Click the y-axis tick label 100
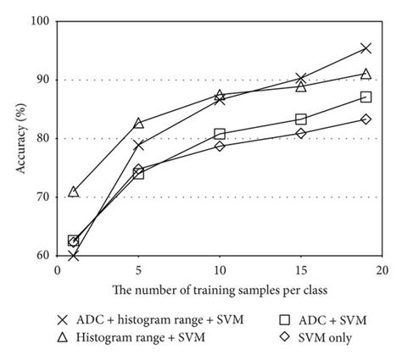(38, 21)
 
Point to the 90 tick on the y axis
(41, 80)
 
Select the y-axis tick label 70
(41, 197)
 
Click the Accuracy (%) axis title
(18, 137)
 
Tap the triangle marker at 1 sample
(74, 191)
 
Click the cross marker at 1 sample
(74, 254)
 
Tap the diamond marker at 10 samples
(220, 146)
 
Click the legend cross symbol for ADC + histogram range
(61, 320)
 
